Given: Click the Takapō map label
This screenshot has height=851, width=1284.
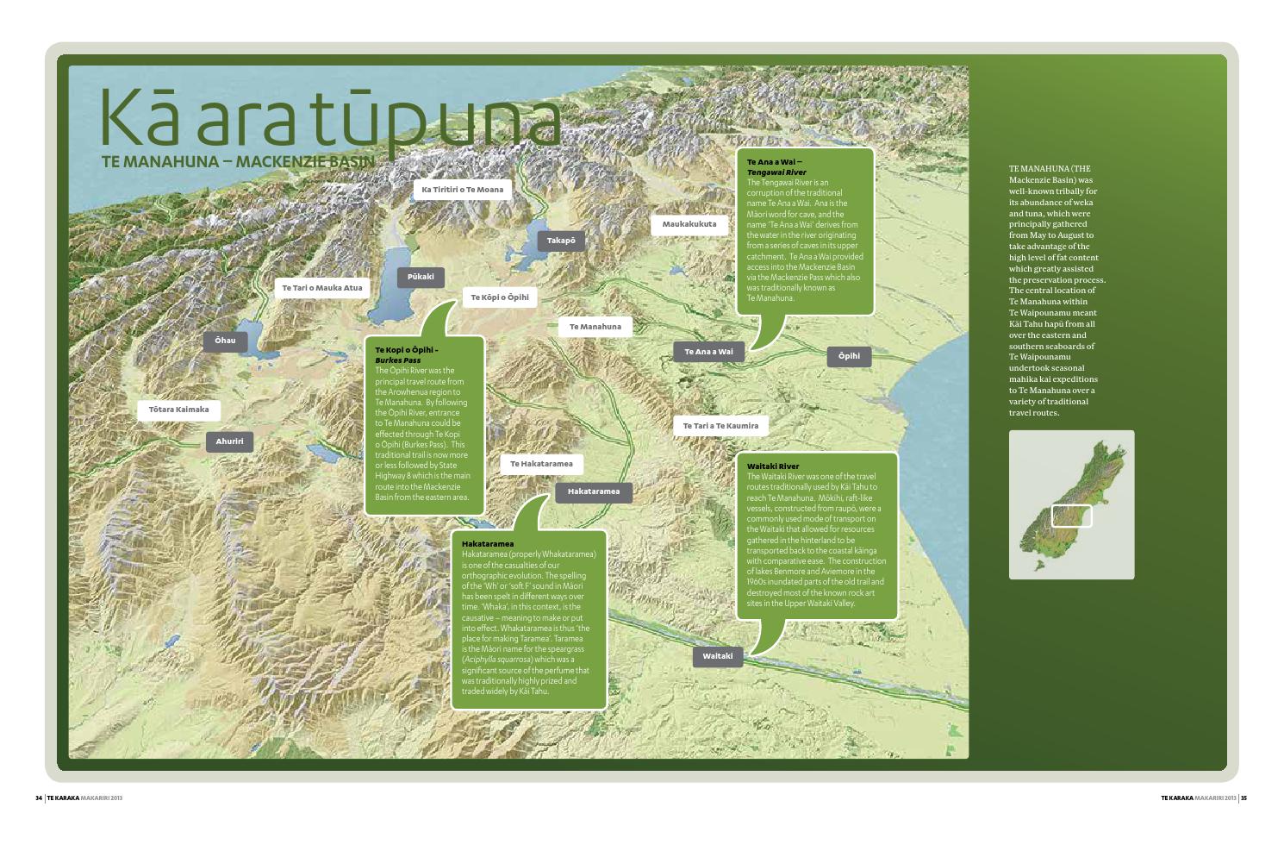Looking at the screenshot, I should click(561, 241).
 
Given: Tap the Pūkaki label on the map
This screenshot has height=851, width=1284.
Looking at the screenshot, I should click(421, 277).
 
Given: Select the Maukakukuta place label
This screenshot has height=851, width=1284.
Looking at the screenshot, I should click(689, 224).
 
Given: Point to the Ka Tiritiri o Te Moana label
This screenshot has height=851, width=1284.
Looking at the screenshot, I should click(462, 190).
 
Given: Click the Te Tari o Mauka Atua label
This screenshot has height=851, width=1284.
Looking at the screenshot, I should click(322, 288).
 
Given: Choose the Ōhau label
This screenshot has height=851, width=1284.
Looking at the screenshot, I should click(225, 341).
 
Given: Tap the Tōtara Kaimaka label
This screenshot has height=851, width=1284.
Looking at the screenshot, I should click(178, 410).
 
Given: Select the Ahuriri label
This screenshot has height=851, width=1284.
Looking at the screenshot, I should click(229, 441).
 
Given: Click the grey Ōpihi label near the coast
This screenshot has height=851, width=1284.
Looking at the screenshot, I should click(849, 356).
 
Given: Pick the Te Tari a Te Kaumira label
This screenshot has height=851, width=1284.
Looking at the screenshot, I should click(720, 426).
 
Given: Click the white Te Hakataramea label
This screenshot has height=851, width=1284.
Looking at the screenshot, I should click(541, 464).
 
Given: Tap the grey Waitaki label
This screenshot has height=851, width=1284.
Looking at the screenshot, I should click(717, 656).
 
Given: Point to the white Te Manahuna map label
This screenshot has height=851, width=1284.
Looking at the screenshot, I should click(595, 327).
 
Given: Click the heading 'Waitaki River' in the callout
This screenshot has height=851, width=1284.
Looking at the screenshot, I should click(773, 466).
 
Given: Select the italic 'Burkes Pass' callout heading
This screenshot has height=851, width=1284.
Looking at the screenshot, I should click(398, 360).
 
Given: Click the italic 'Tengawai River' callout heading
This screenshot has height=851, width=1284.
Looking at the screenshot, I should click(776, 172).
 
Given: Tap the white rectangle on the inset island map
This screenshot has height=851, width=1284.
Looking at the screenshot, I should click(1071, 516).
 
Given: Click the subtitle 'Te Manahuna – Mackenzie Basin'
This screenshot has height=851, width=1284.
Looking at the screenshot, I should click(238, 161).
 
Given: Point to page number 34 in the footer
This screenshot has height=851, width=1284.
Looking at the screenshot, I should click(38, 798).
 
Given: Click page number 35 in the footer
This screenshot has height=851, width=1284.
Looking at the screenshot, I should click(1243, 798).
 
